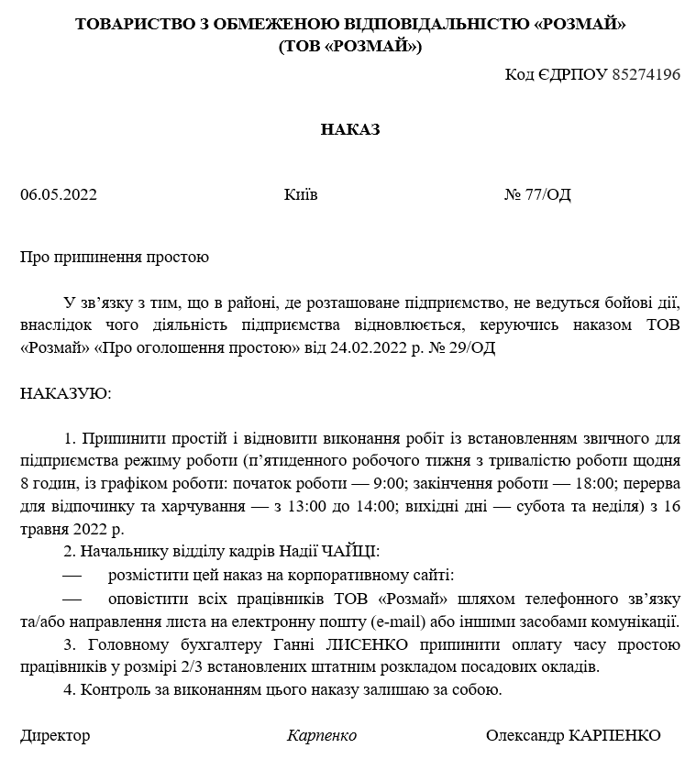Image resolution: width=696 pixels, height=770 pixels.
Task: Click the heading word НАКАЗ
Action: coord(349,130)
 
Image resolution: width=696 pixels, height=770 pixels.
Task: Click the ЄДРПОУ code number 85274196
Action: coord(645,74)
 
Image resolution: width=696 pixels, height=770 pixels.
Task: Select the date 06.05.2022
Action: coord(59,194)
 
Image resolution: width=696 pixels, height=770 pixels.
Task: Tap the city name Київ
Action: coord(301,194)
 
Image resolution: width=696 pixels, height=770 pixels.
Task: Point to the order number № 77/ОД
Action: coord(537,194)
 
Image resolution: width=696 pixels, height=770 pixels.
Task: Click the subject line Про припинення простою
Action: coord(115,257)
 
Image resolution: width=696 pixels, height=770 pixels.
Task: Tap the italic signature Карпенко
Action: coord(321,736)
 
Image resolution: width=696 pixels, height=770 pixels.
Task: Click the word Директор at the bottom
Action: coord(55,736)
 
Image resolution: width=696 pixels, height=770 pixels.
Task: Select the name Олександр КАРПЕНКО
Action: coord(573,736)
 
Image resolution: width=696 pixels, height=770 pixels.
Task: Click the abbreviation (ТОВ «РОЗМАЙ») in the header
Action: coord(349,46)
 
